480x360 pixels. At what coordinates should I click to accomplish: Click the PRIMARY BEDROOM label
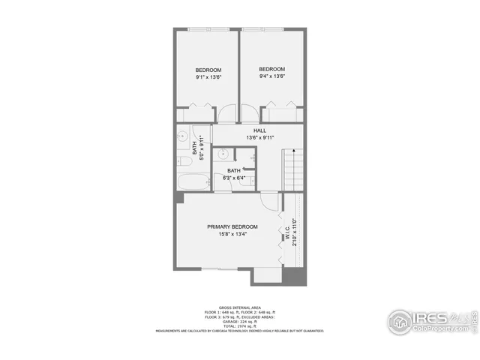tap(232, 226)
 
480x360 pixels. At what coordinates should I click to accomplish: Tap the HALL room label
tap(260, 130)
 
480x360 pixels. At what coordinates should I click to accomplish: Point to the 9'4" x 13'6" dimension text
tap(271, 76)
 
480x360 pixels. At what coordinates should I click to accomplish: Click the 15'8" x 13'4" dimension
tap(232, 234)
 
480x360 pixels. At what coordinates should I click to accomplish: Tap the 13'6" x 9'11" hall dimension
tap(260, 138)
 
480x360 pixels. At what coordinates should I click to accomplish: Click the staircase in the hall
tap(292, 169)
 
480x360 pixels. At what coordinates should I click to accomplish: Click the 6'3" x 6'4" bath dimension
tap(232, 178)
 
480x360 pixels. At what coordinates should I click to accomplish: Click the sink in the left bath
tap(181, 137)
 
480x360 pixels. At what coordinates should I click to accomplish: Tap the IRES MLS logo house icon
tap(400, 322)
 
